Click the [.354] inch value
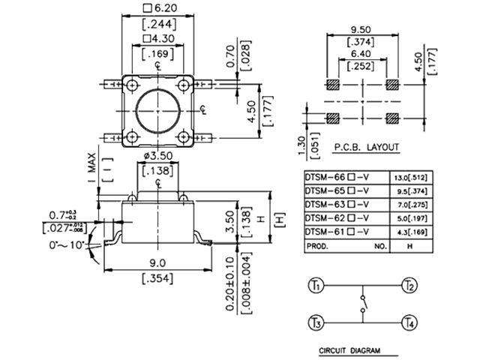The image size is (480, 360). [x=158, y=279]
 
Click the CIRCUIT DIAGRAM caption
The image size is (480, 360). [x=349, y=350]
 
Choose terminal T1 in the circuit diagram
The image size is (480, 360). [x=315, y=286]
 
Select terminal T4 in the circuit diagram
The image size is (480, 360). [x=409, y=323]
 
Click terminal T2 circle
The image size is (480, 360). [x=409, y=286]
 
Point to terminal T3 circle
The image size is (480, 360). [x=315, y=323]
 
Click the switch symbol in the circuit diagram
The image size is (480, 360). [x=363, y=305]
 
